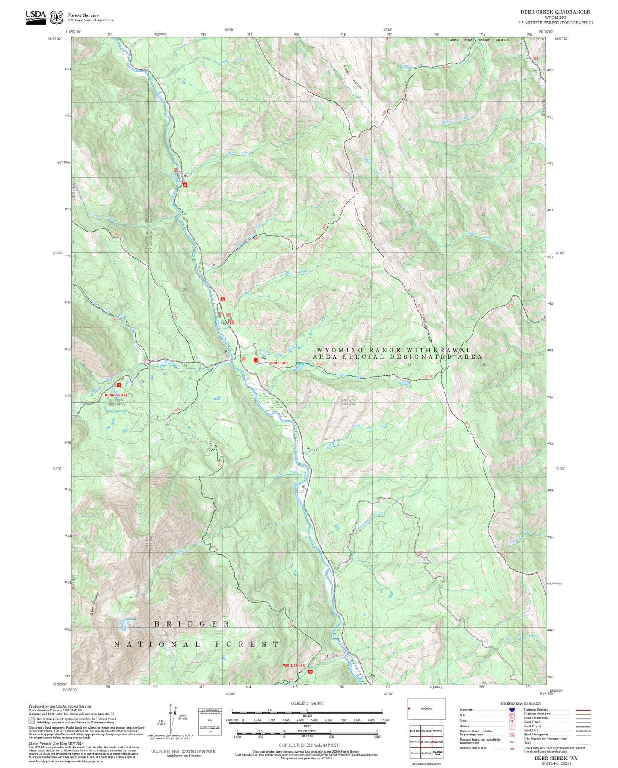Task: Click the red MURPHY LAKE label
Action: [x=116, y=395]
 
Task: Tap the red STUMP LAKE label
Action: [x=278, y=363]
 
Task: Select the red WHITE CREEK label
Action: [x=293, y=665]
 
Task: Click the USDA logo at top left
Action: [x=35, y=17]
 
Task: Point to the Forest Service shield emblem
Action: [x=56, y=18]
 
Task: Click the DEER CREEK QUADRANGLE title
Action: [x=555, y=12]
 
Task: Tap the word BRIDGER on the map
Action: [x=192, y=624]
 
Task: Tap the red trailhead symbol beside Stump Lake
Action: [x=256, y=360]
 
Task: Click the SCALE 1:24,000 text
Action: [x=307, y=703]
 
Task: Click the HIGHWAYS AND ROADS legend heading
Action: [x=520, y=703]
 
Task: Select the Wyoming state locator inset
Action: [x=426, y=709]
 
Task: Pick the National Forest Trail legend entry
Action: [x=473, y=748]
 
